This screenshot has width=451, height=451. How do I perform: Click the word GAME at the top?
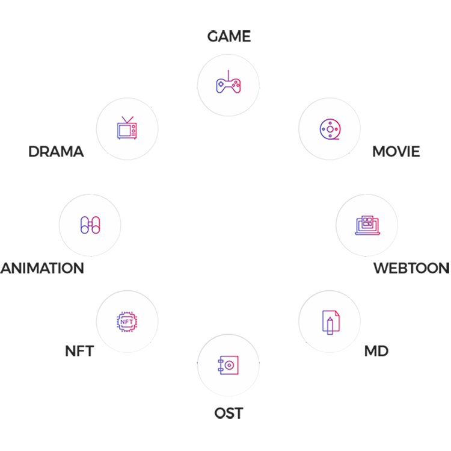click(229, 36)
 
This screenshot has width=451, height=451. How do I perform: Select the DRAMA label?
click(56, 151)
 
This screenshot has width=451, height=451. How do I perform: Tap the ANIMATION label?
click(42, 268)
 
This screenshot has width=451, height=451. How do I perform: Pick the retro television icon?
click(127, 129)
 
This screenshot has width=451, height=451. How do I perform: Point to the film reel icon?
click(330, 129)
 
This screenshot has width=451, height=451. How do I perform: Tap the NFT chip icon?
click(127, 322)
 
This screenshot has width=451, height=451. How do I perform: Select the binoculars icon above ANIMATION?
click(90, 225)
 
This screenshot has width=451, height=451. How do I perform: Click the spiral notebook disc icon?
click(228, 365)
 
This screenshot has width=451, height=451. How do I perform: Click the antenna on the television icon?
click(127, 120)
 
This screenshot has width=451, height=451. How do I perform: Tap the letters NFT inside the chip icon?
click(127, 322)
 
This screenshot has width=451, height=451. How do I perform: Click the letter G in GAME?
click(212, 36)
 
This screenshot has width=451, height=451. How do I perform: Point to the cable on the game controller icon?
click(229, 75)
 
